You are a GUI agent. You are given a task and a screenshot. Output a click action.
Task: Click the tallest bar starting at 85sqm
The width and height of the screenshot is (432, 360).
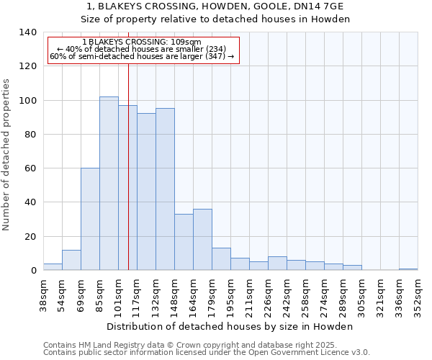tap(109, 184)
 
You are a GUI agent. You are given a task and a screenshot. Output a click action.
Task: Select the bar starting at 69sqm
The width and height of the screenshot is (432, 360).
tap(90, 219)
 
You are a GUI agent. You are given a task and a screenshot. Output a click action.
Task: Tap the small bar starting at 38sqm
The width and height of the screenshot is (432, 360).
tap(53, 267)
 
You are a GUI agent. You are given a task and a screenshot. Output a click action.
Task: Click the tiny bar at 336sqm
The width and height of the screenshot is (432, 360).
tap(408, 269)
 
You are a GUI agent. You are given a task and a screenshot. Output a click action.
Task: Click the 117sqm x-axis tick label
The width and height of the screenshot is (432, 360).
tap(138, 294)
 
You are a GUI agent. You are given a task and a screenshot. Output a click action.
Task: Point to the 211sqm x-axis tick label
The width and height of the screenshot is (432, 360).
tap(250, 294)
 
